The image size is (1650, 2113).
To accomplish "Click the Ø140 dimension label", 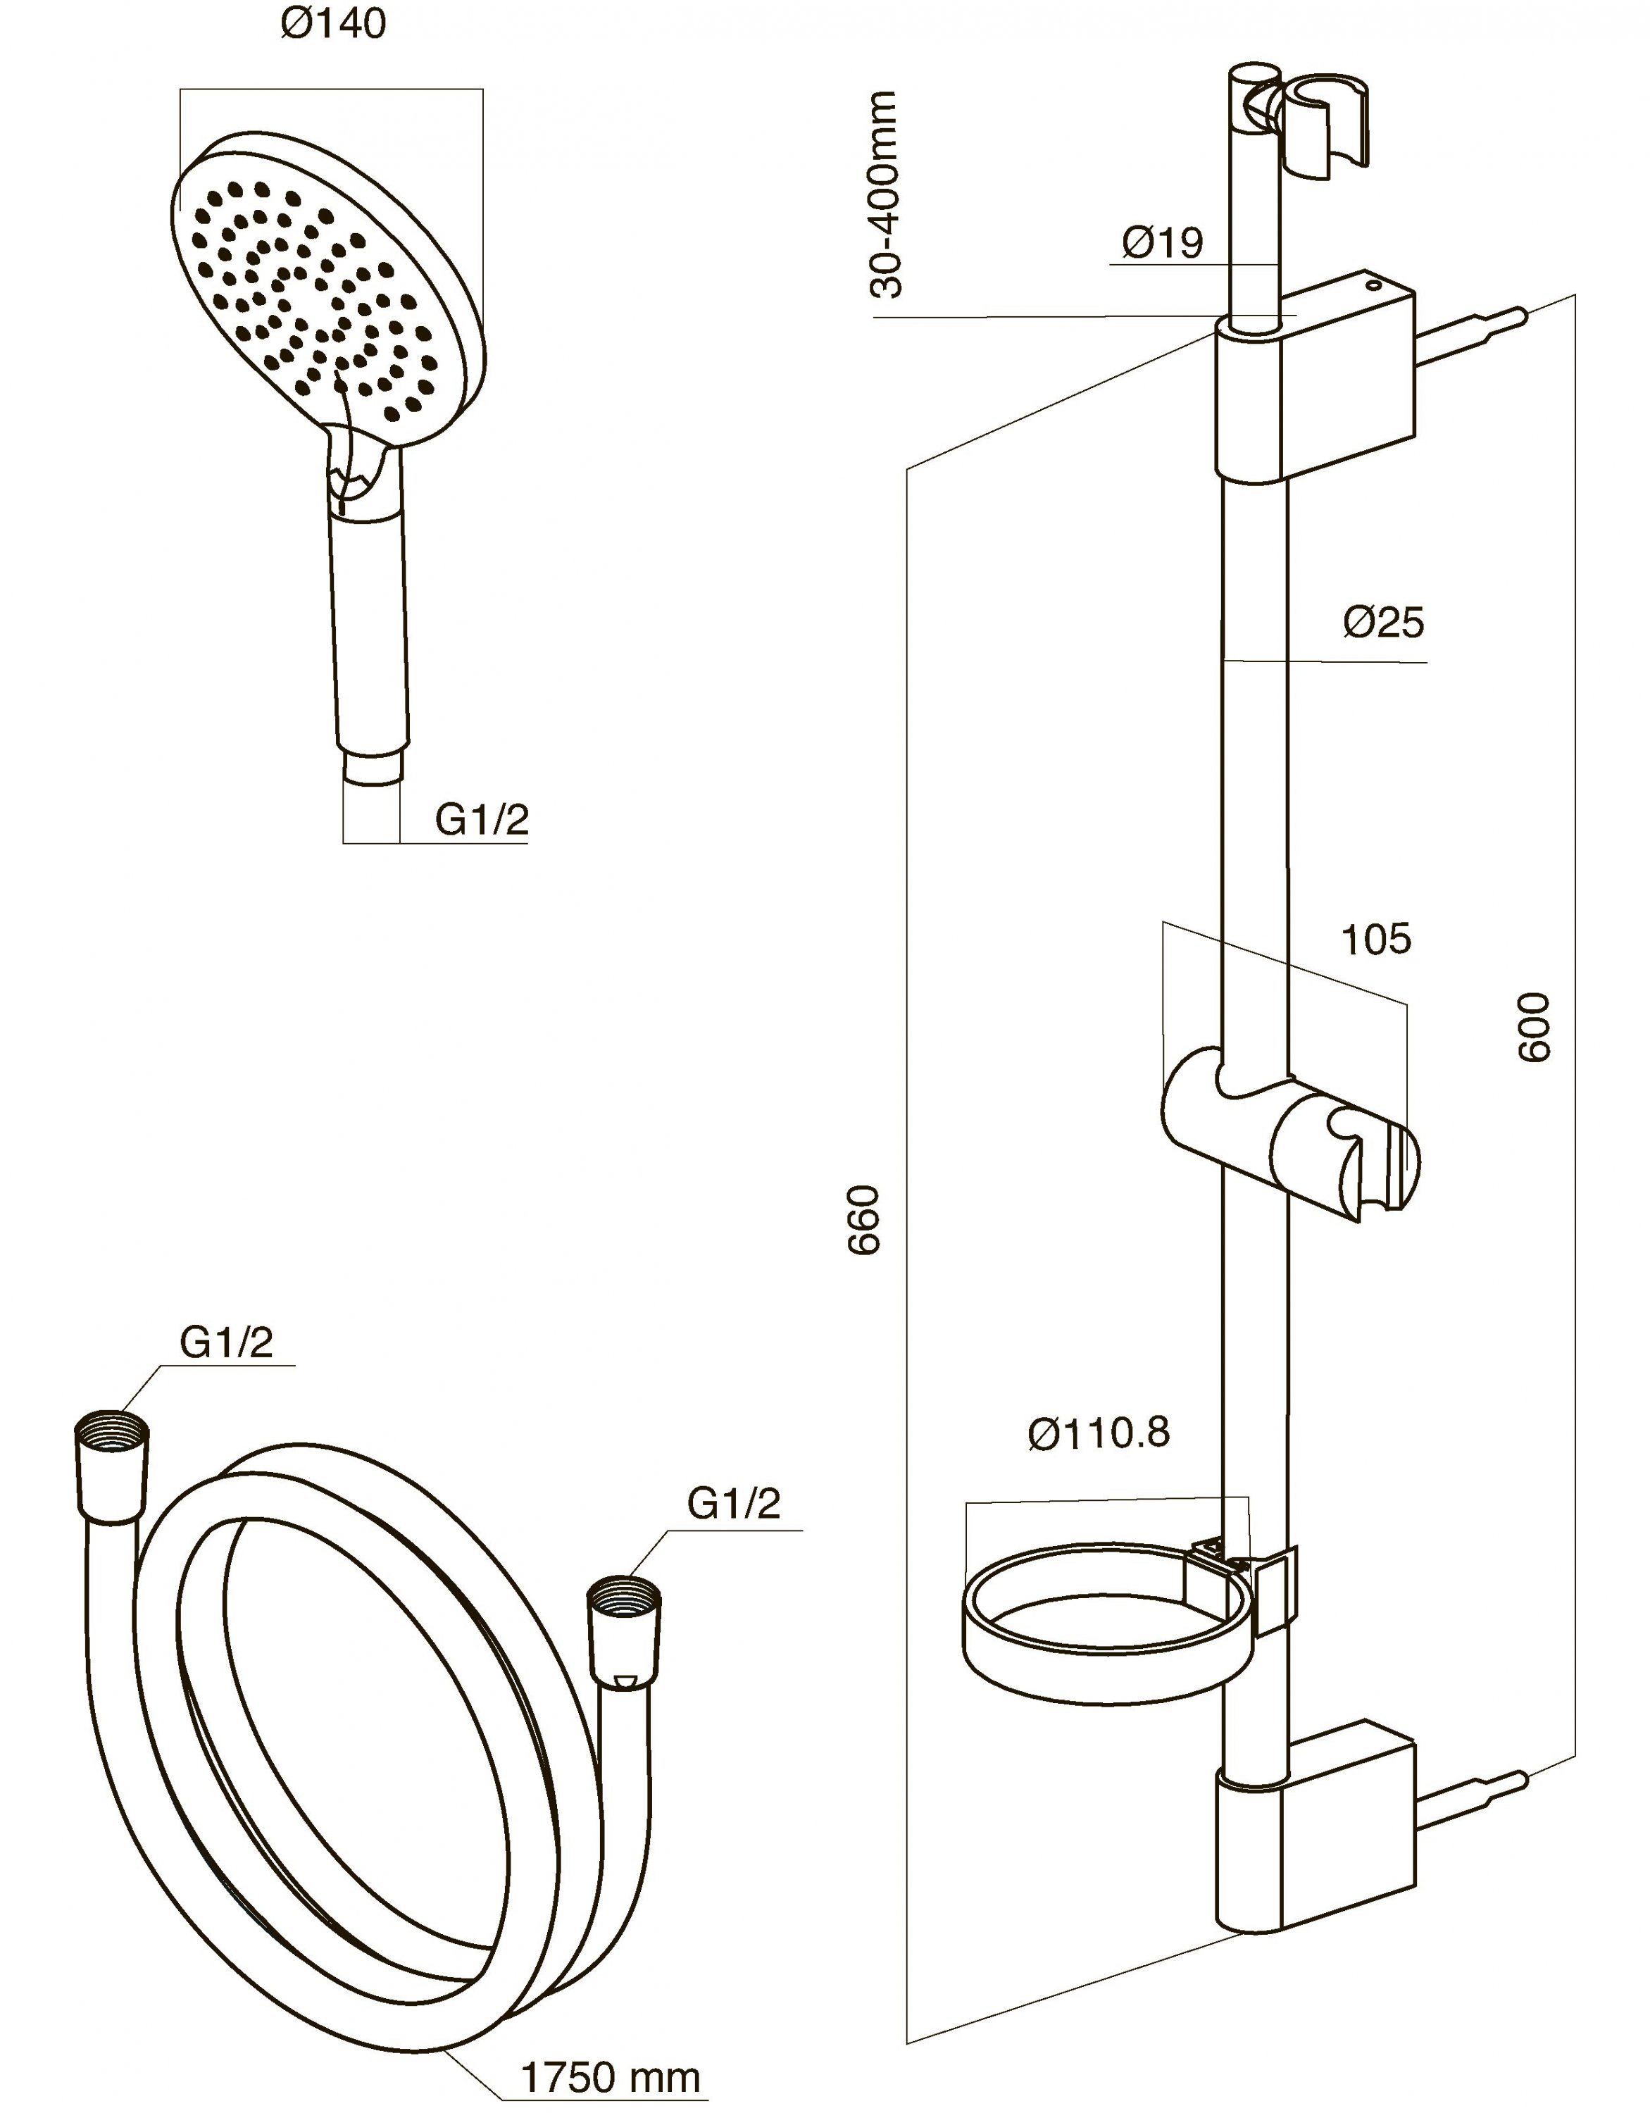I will tap(334, 24).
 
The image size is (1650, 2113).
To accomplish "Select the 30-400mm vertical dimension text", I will tap(885, 194).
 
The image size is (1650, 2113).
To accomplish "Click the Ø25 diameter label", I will tap(1383, 623).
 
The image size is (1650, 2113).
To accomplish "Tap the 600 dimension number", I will tap(1533, 1028).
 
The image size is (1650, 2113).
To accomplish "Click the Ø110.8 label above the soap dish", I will tap(1098, 1433).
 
